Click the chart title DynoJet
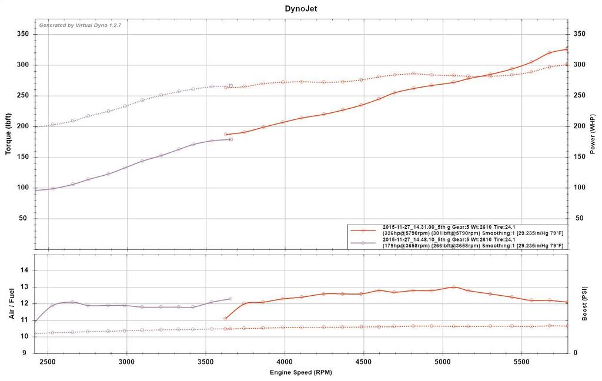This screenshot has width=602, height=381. pos(300,9)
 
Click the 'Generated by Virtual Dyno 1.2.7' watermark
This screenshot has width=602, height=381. pos(80,25)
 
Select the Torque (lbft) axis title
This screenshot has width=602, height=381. pos(8,133)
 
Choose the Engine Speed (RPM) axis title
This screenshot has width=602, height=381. pos(300,373)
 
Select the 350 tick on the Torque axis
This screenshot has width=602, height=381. pos(24,34)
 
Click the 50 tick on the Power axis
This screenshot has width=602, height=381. pos(578,218)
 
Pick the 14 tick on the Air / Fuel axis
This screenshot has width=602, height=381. pos(25,270)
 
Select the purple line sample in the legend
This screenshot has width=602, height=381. pos(364,242)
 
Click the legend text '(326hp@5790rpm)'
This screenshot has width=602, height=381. pos(406,232)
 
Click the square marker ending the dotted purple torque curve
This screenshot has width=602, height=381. pos(230,86)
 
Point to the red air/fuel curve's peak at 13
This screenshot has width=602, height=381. pos(453,287)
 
